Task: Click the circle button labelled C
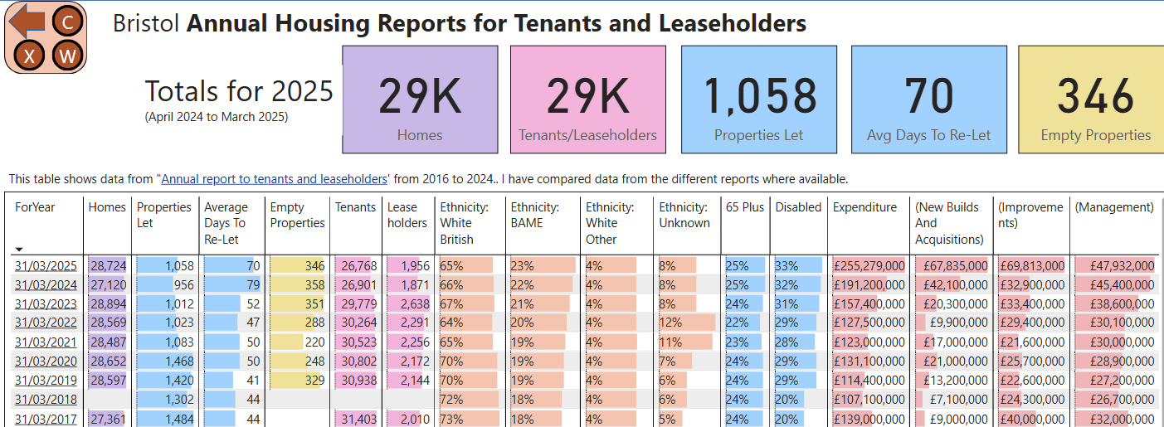coord(67,22)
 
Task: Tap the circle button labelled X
coord(30,56)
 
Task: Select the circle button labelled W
coord(67,56)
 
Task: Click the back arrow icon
coord(28,20)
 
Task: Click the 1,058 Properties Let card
coord(759,99)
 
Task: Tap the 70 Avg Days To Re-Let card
coord(929,99)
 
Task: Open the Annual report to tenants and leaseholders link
coord(275,179)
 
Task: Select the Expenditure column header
coord(864,207)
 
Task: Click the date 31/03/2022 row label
coord(45,323)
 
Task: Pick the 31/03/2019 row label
coord(45,381)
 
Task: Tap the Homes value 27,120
coord(107,284)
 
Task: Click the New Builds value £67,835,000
coord(952,265)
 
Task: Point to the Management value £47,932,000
coord(1114,265)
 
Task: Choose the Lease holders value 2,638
coord(409,303)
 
